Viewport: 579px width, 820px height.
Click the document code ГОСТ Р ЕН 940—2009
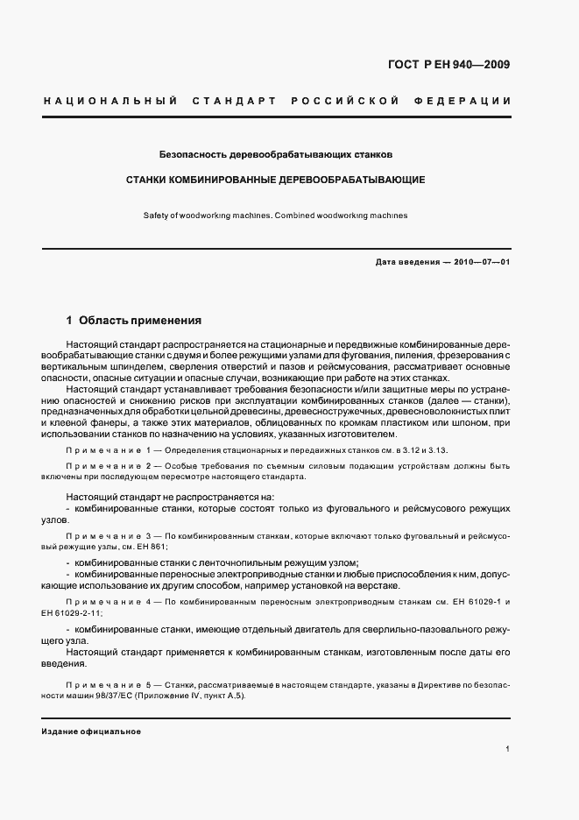448,65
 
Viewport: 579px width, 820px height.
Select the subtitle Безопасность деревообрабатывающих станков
276,154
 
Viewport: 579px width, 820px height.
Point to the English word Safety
155,215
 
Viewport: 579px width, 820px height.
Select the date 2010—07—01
481,262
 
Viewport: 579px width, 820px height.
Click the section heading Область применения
140,321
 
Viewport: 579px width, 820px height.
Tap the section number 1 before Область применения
69,321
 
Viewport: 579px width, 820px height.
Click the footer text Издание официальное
91,732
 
